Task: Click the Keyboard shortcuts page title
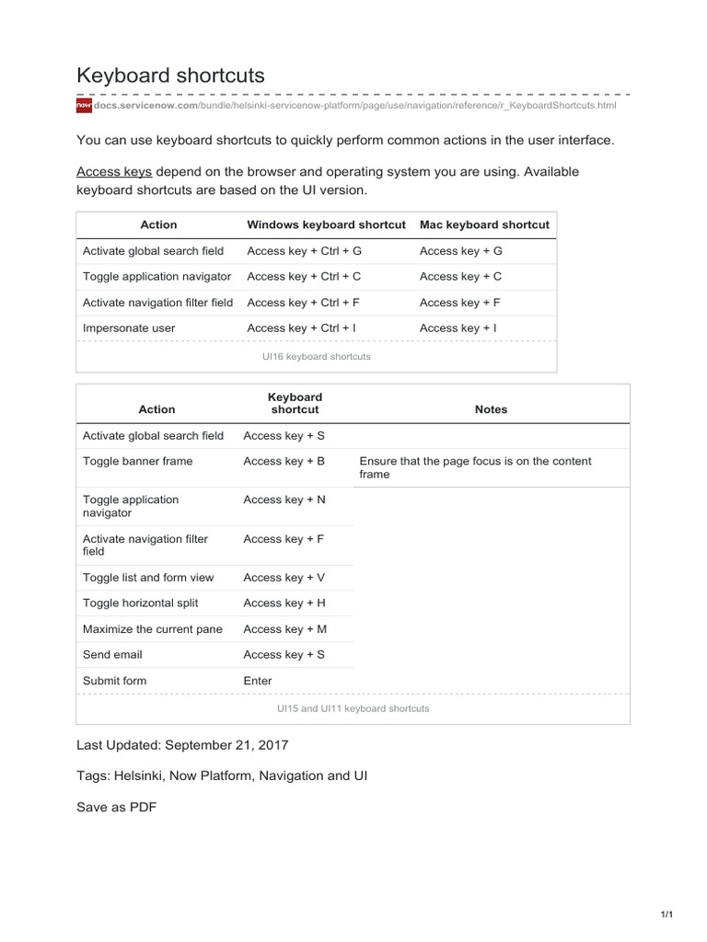(170, 75)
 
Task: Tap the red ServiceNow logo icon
(83, 106)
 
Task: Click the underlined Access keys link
(114, 172)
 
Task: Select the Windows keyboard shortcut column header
(326, 224)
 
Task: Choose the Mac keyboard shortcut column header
(484, 224)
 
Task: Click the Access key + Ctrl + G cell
(305, 250)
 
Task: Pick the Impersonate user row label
(129, 327)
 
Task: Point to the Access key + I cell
(458, 327)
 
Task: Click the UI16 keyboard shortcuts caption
(317, 356)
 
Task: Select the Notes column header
(491, 409)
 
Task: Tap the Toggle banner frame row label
(138, 461)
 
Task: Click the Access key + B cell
(284, 461)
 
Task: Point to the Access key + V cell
(284, 578)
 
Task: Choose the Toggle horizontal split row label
(141, 603)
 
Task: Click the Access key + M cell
(284, 629)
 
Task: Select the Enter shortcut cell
(258, 681)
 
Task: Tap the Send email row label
(112, 655)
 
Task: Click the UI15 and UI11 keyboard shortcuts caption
(353, 709)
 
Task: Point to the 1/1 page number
(667, 914)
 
